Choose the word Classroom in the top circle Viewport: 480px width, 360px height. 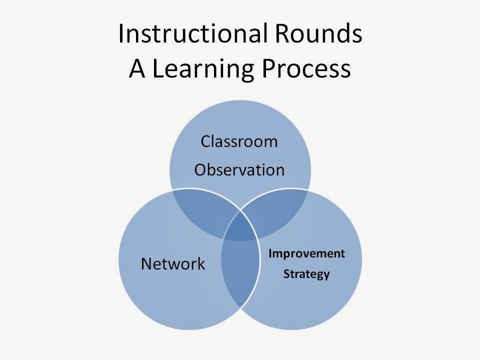(x=239, y=141)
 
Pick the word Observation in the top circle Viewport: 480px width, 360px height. (x=239, y=170)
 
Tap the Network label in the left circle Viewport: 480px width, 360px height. (x=173, y=263)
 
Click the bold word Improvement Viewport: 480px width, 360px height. (x=306, y=253)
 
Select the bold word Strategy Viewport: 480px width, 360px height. (x=306, y=274)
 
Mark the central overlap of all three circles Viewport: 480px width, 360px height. (x=240, y=230)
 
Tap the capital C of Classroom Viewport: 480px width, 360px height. (x=205, y=141)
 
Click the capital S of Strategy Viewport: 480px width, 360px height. (x=286, y=274)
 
